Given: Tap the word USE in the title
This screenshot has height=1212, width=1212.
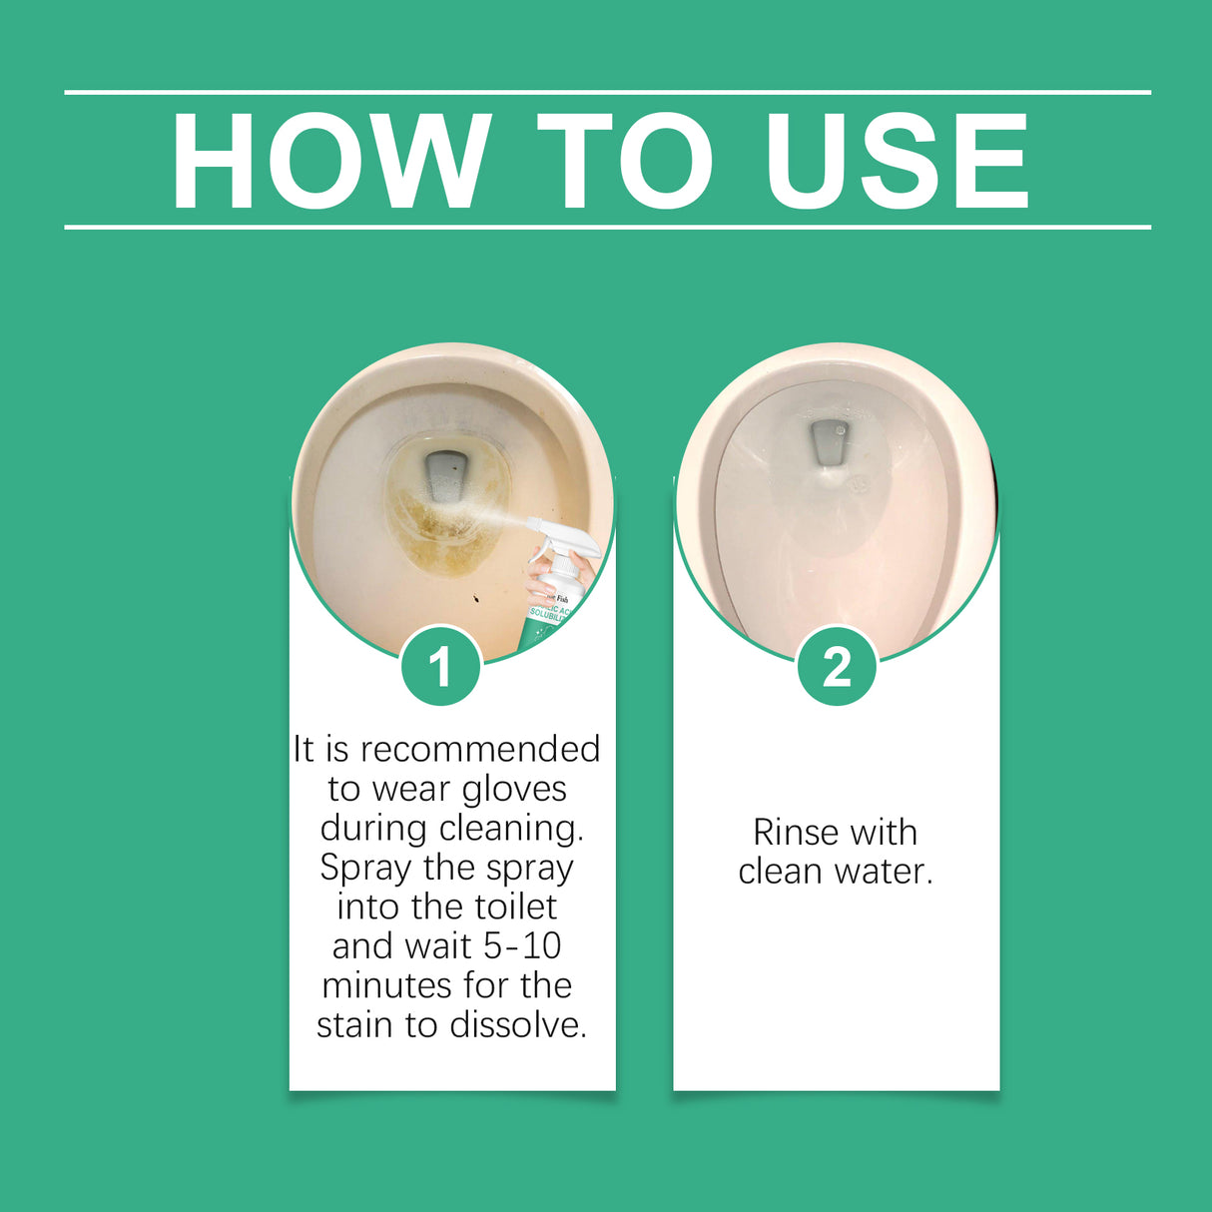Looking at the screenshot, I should pos(896,161).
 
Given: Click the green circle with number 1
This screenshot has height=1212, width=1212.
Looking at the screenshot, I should pos(440,666).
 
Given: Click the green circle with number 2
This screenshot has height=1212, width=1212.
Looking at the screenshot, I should pos(837,666).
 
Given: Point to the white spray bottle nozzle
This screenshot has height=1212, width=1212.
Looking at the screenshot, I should pos(544,529).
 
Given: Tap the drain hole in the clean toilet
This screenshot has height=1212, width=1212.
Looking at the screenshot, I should pos(828,441).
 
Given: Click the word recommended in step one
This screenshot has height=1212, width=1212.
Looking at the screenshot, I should pos(480,749).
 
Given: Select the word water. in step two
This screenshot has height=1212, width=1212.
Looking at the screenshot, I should pos(884,872).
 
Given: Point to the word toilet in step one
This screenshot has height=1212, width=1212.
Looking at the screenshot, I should pos(511,907).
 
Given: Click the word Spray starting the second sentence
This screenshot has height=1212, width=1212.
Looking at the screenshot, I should pos(365,868).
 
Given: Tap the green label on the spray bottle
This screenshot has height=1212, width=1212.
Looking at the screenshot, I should pos(547,619).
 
